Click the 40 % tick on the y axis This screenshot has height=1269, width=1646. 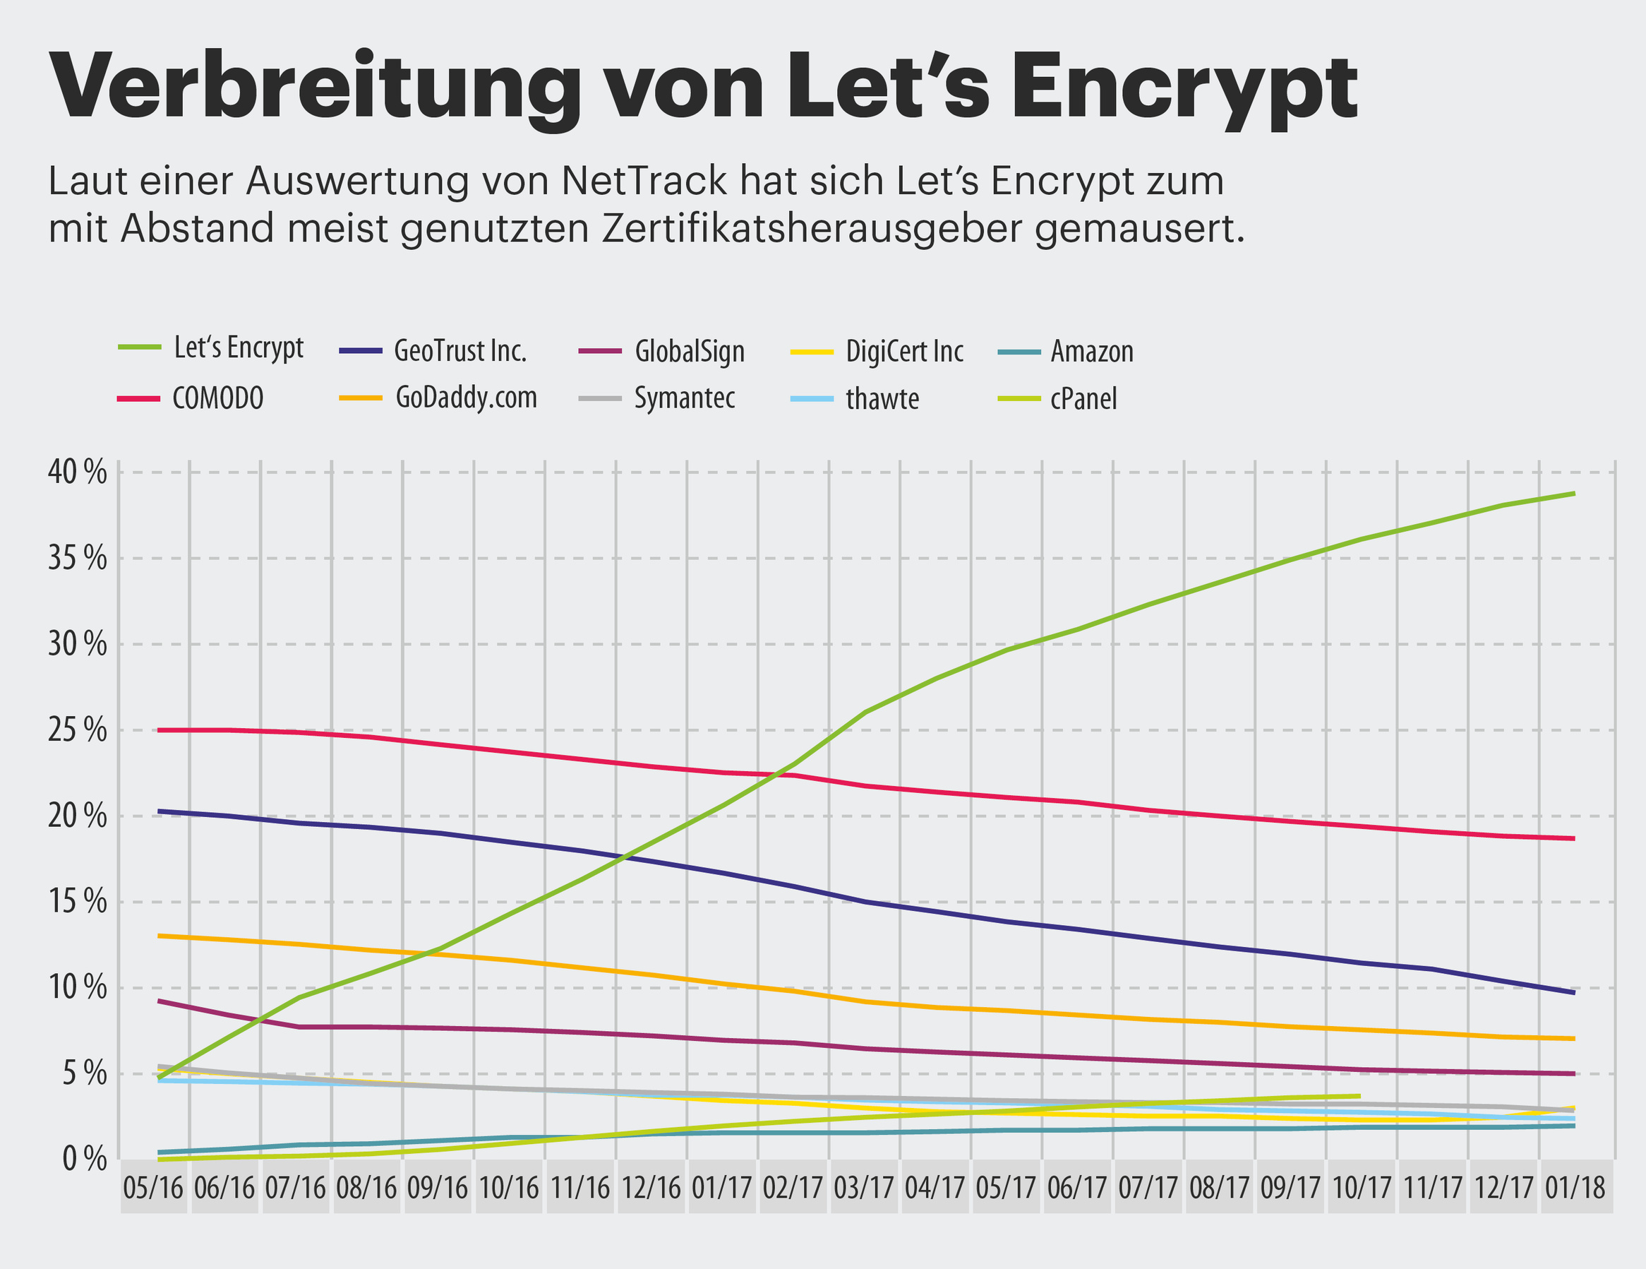[x=78, y=472]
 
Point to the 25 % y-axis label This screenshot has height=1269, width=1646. [x=78, y=730]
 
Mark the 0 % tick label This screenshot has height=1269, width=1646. [x=85, y=1160]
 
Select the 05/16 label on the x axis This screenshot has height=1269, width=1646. [x=153, y=1188]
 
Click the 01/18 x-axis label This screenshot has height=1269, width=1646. [x=1575, y=1188]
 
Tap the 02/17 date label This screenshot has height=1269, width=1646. [x=793, y=1188]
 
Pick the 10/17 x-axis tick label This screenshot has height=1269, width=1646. [x=1362, y=1188]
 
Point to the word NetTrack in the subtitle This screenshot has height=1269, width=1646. [x=644, y=181]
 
